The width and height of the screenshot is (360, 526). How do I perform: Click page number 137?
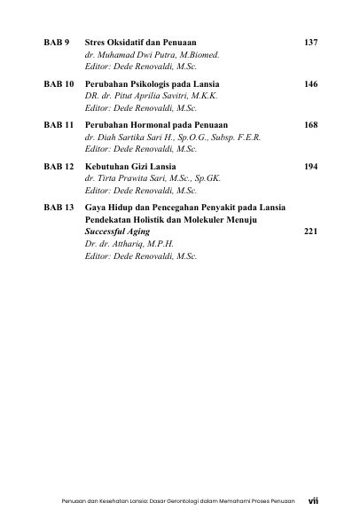coord(309,43)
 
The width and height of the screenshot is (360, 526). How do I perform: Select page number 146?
coord(309,83)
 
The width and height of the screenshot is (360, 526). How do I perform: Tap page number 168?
coord(309,125)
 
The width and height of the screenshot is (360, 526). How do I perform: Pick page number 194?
coord(309,166)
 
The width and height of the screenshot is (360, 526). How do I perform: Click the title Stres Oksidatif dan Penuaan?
coord(140,43)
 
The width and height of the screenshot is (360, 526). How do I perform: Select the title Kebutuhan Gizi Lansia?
coord(129,166)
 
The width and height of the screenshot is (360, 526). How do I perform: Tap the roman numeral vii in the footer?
coord(312,500)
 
